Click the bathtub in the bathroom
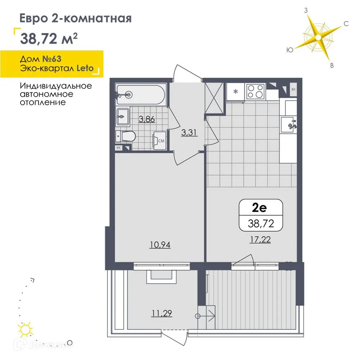coord(141,94)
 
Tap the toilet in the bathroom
coord(127,136)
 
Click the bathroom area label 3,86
coord(147,119)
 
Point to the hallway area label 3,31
coord(189,132)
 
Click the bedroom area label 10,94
coord(160,245)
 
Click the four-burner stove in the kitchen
coord(255,91)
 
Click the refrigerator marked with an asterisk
coord(236,91)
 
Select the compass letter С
coord(346,24)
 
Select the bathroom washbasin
coord(123,117)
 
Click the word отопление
coord(43,102)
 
